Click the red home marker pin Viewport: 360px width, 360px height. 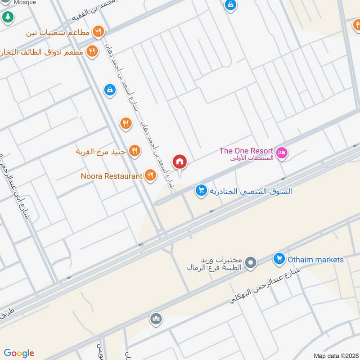tap(180, 162)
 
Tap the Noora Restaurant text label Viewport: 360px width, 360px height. tap(112, 176)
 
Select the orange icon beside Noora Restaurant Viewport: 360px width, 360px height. tap(151, 176)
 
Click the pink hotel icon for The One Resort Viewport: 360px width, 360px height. tap(282, 153)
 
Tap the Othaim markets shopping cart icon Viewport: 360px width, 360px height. tap(279, 259)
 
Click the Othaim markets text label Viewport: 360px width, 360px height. tap(315, 260)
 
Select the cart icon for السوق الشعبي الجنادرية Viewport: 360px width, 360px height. tap(201, 191)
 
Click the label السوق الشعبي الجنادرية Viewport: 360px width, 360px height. tap(251, 191)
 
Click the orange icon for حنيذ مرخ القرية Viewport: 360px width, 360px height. tap(134, 151)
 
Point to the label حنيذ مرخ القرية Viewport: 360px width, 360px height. tap(101, 151)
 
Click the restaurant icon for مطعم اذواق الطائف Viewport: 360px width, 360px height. tap(92, 52)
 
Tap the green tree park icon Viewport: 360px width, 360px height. tap(7, 17)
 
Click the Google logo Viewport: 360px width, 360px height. tap(19, 353)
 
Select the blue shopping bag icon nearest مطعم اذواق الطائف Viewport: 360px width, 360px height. tap(109, 90)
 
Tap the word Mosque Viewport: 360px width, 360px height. tap(25, 2)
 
